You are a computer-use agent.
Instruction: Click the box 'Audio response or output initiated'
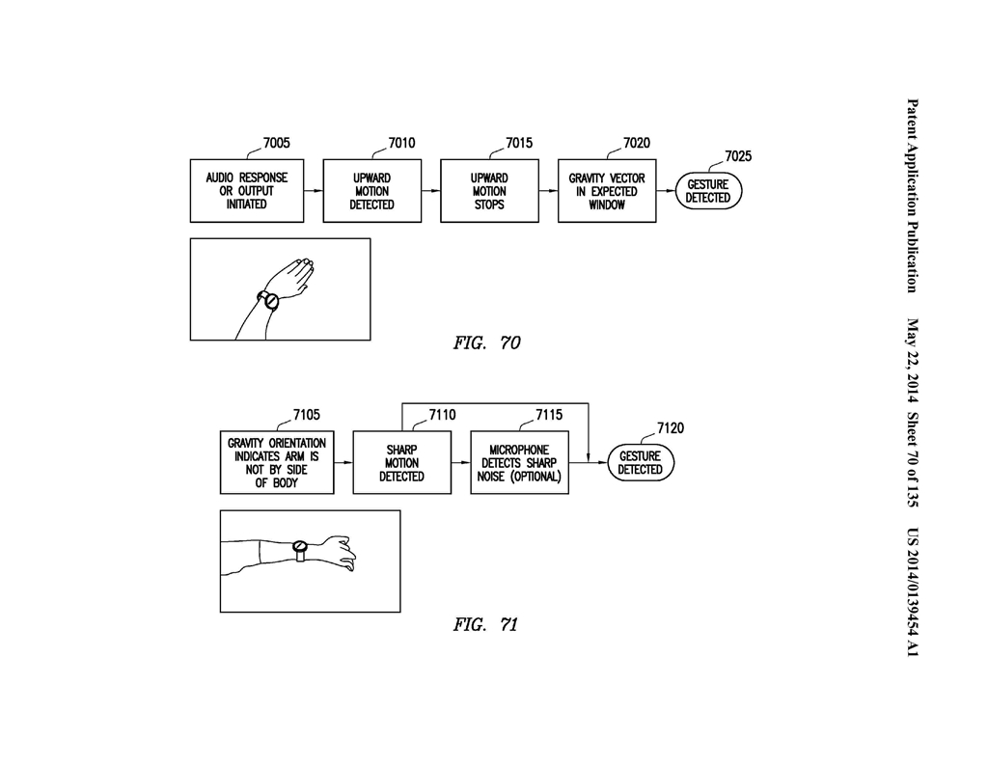click(x=247, y=191)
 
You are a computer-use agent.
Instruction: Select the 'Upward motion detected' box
click(x=371, y=191)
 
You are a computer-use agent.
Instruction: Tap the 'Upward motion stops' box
click(x=489, y=191)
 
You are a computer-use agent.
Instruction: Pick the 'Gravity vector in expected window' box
click(x=607, y=191)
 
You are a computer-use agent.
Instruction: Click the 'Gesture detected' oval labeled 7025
click(x=708, y=191)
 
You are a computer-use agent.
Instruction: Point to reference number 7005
click(x=277, y=143)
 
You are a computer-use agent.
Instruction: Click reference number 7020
click(x=637, y=143)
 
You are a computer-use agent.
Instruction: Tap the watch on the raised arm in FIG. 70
click(x=268, y=300)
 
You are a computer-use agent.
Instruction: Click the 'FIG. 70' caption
click(x=486, y=342)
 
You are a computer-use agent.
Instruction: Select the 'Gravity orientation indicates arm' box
click(x=277, y=462)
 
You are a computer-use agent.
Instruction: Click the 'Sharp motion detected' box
click(x=402, y=462)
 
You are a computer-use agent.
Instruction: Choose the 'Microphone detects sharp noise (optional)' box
click(x=519, y=462)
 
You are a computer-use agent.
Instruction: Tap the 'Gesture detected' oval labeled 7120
click(x=641, y=462)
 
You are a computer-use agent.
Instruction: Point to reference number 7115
click(x=549, y=415)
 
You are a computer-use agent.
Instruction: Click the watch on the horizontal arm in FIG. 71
click(x=300, y=550)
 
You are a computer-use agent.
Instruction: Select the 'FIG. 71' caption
click(x=485, y=624)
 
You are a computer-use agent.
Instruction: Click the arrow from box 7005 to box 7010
click(x=314, y=191)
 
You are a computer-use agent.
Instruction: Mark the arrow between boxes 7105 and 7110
click(x=343, y=462)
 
